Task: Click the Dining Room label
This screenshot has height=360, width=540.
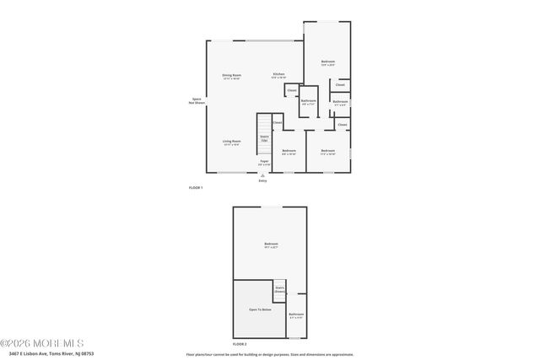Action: tap(231, 77)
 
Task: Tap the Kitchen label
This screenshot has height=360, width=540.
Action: tap(278, 75)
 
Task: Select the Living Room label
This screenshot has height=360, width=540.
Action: tap(232, 142)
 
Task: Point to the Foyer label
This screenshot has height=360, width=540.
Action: tap(264, 162)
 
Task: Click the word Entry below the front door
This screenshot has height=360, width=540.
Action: tap(262, 180)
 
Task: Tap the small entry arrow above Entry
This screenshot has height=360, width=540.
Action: tap(262, 175)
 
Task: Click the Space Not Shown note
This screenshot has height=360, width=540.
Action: tap(196, 100)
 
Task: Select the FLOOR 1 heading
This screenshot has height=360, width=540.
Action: tap(196, 187)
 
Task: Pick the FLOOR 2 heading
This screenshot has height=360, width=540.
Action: tap(240, 344)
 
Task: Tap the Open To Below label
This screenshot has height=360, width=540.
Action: tap(260, 309)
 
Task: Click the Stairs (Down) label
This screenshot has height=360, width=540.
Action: tap(279, 289)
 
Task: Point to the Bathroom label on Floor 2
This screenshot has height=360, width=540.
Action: tap(296, 316)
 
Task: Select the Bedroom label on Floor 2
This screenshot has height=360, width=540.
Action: tap(271, 245)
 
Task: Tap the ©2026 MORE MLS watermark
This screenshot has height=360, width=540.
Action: tap(42, 343)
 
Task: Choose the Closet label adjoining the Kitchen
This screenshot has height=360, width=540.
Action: tap(292, 90)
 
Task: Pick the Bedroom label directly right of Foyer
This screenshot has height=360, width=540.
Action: tap(289, 152)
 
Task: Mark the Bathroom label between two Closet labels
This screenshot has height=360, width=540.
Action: tap(340, 104)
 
